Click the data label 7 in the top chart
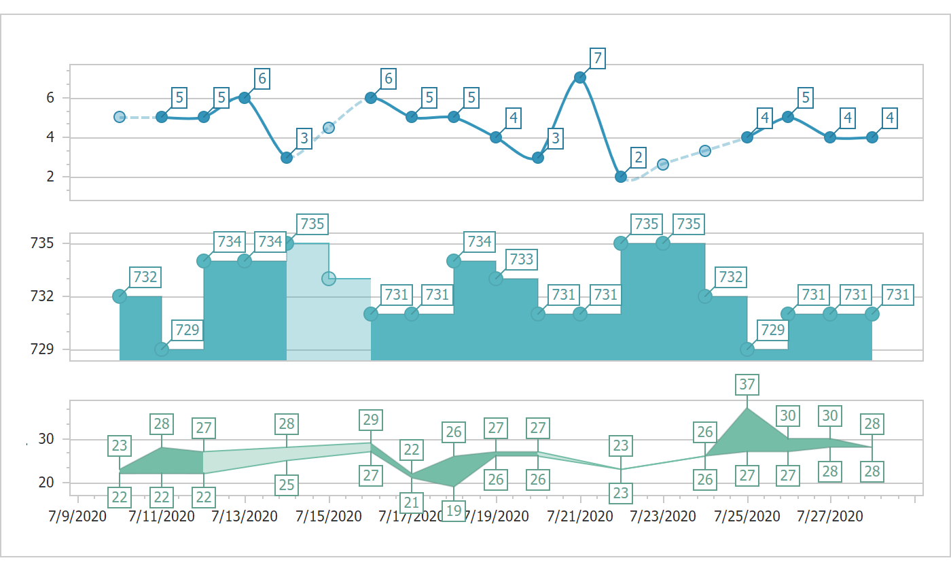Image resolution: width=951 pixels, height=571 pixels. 597,58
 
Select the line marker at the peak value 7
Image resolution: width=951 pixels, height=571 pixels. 579,77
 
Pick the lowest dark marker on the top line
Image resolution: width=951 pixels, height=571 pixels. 621,177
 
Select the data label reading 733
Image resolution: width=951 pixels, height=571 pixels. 521,259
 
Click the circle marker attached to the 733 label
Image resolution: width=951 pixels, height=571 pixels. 496,279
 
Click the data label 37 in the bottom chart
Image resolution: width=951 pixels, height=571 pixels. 747,384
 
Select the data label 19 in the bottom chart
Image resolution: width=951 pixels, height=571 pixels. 454,511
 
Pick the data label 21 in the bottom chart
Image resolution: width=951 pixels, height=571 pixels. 412,503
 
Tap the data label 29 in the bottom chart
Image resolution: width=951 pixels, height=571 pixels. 370,419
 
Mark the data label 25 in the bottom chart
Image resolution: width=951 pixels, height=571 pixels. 287,485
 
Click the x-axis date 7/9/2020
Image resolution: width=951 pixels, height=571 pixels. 77,517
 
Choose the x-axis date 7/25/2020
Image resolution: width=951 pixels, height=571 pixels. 747,517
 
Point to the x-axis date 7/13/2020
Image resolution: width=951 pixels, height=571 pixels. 245,517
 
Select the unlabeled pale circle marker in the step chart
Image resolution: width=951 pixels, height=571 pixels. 329,278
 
